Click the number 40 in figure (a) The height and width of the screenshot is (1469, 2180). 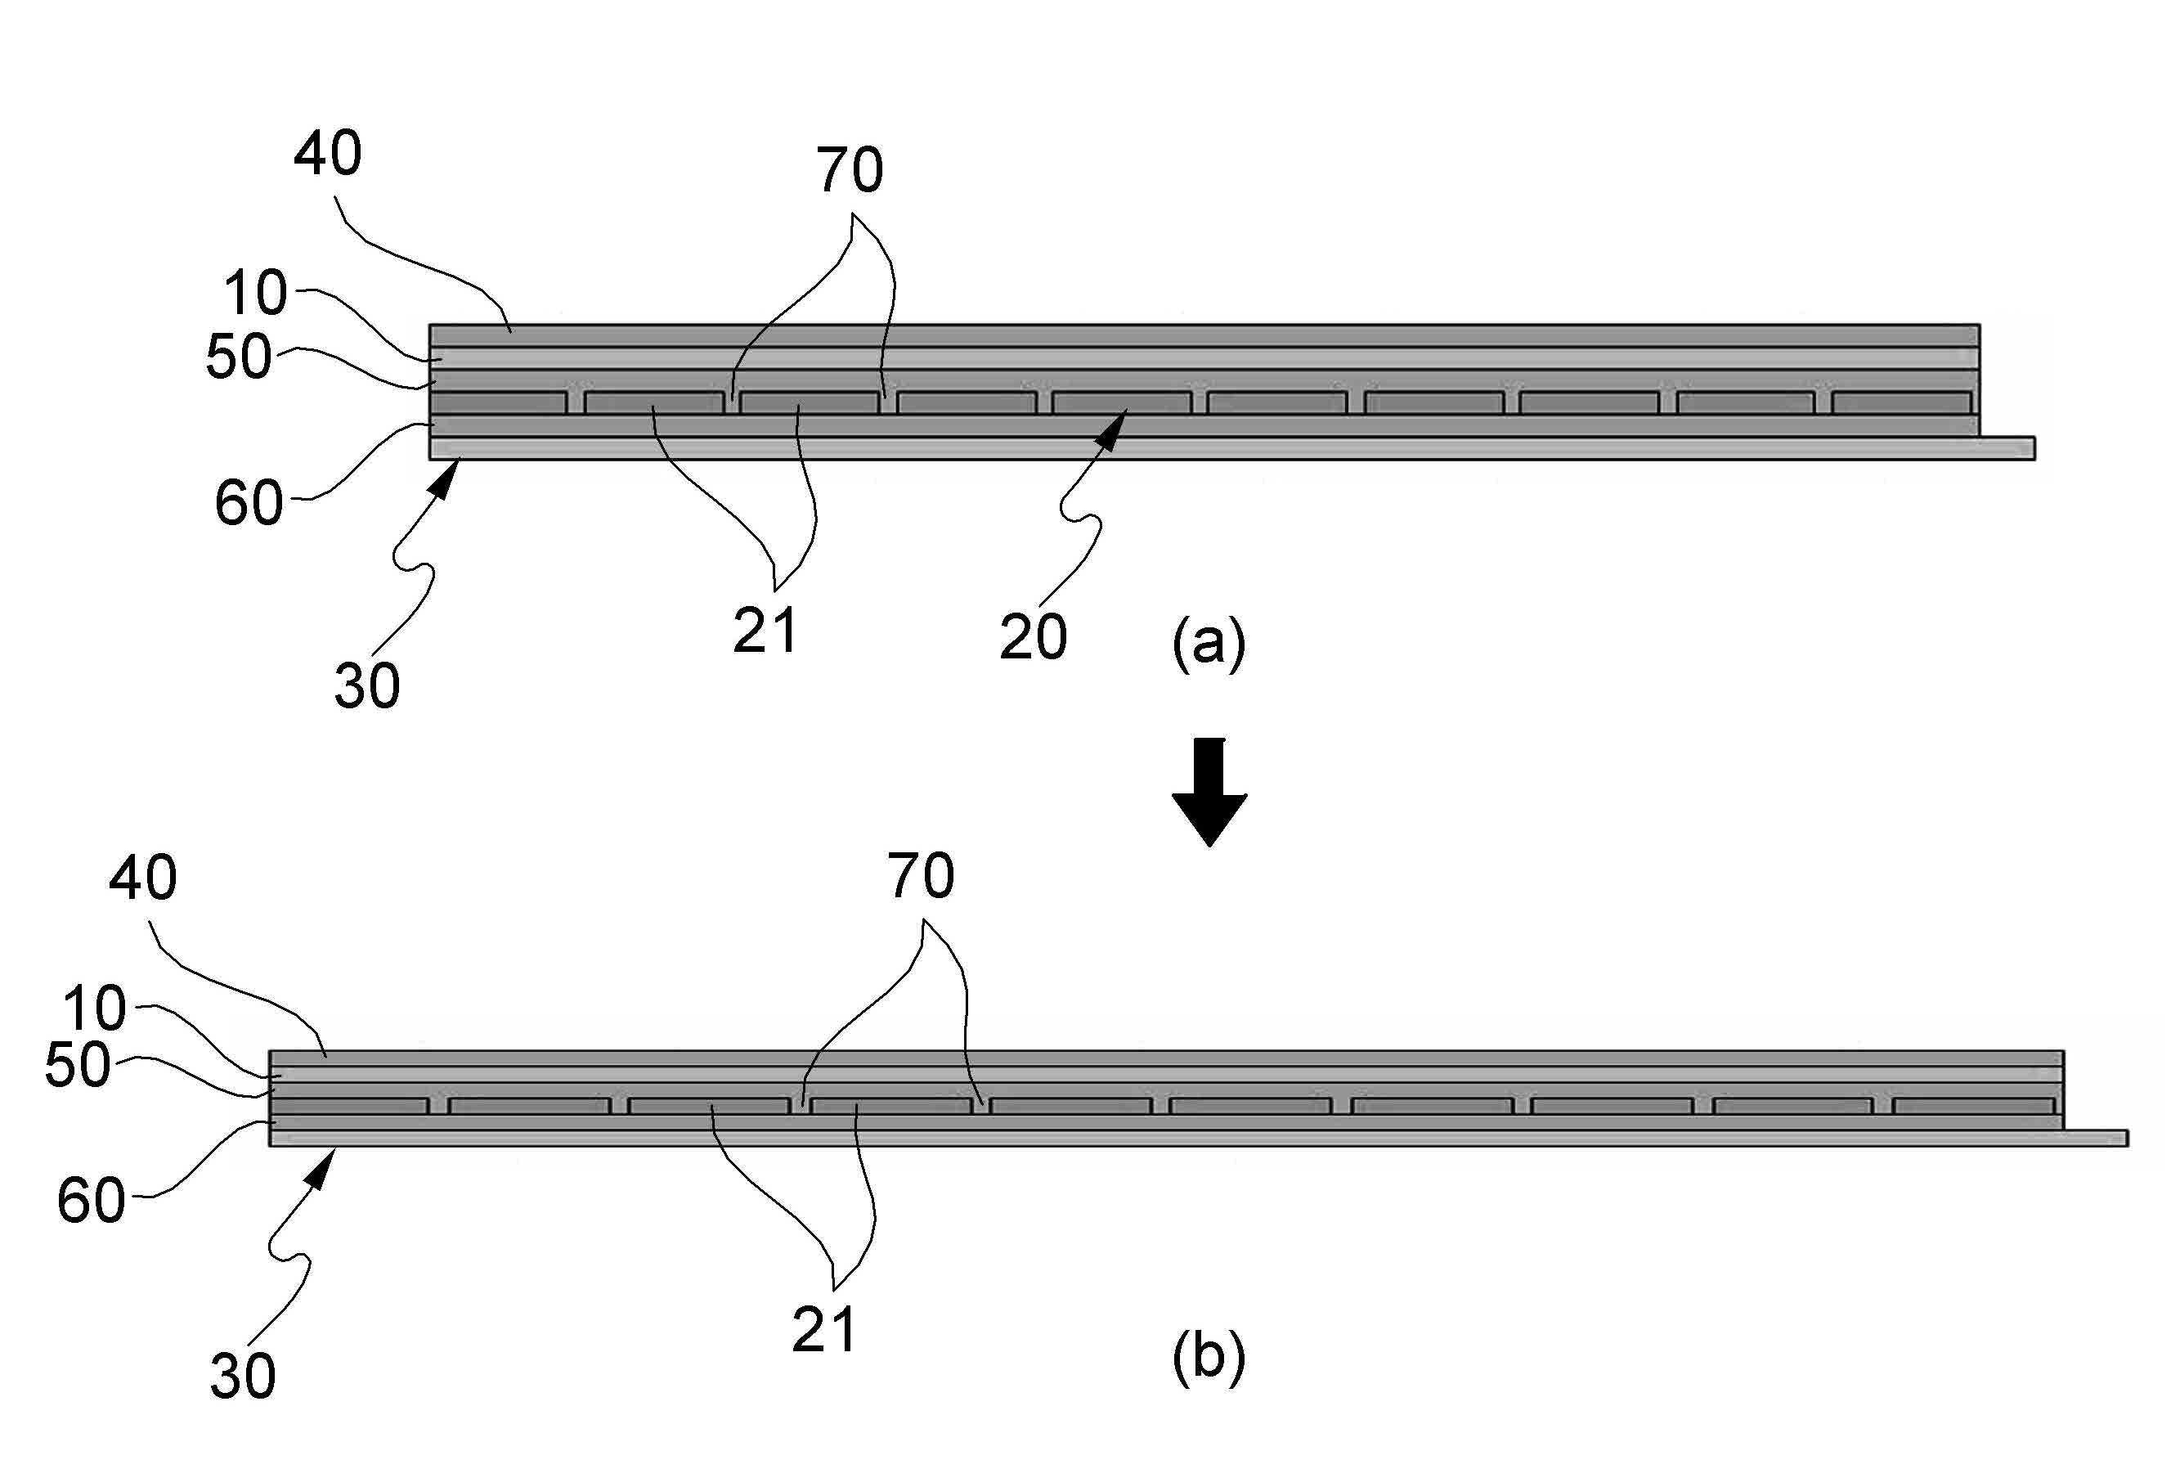(328, 155)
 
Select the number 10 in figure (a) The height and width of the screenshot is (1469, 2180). (254, 294)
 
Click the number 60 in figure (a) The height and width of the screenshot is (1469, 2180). (248, 504)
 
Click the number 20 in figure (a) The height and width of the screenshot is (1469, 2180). (1033, 639)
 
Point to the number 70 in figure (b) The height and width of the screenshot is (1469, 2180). (922, 877)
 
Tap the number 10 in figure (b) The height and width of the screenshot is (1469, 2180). (94, 1009)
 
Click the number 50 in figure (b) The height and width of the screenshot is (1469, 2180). (78, 1066)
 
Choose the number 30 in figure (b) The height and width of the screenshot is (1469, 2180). (243, 1377)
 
